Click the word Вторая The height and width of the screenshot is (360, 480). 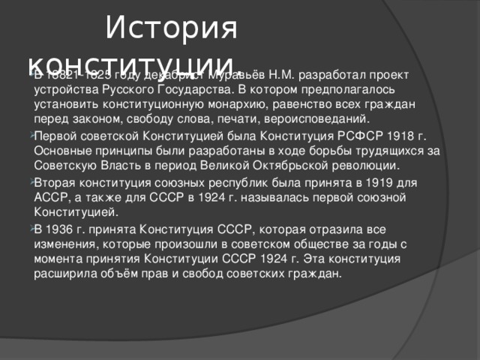(57, 184)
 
